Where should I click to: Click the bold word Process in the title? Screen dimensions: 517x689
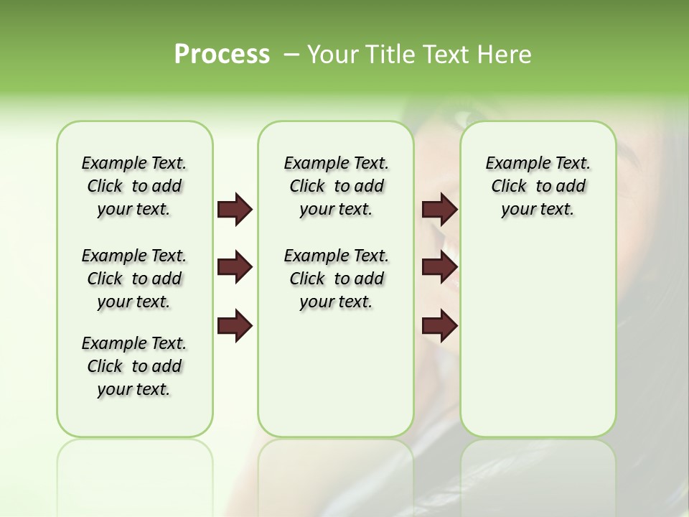point(222,55)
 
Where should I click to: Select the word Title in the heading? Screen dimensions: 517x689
point(390,55)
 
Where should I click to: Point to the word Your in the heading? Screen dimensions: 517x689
point(334,55)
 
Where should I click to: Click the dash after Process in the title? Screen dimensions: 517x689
point(291,55)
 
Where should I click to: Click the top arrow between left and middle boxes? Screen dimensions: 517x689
point(235,209)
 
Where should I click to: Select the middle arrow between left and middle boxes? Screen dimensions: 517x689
point(235,267)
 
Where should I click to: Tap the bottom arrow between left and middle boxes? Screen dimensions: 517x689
point(235,326)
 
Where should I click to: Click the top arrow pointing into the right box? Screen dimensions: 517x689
point(439,209)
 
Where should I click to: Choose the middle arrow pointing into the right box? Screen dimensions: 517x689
point(439,267)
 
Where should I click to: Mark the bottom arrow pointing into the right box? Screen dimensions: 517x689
point(439,326)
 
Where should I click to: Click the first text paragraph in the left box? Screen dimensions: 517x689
point(134,186)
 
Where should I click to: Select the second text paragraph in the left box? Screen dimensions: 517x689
point(134,279)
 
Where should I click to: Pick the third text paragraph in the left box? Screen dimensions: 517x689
point(134,366)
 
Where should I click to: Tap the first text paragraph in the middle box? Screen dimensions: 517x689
point(336,186)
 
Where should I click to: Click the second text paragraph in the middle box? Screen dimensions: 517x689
point(336,279)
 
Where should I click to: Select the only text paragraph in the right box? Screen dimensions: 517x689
point(538,186)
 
